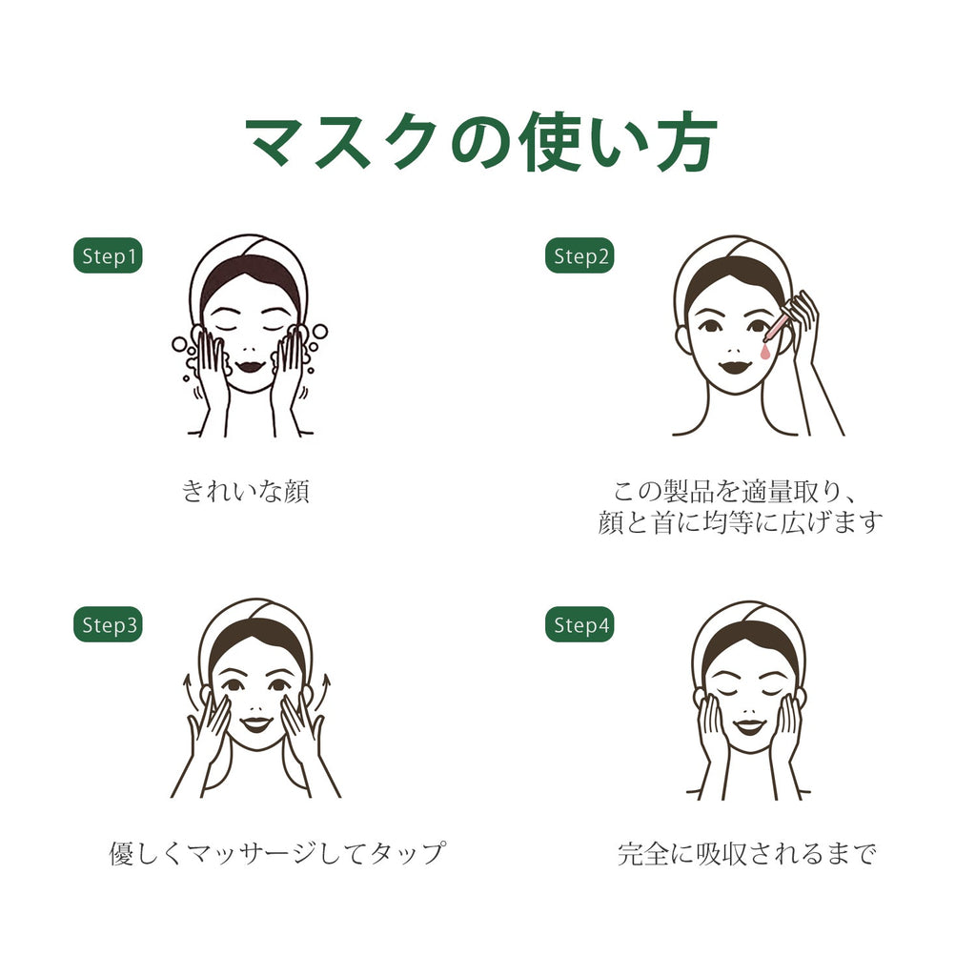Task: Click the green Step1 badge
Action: (108, 255)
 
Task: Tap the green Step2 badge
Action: (579, 255)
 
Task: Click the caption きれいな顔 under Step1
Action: (245, 491)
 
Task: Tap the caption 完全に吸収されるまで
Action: (747, 853)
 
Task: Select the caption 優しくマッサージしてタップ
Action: (277, 853)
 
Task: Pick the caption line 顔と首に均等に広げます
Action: (740, 521)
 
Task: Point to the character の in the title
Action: (481, 144)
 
